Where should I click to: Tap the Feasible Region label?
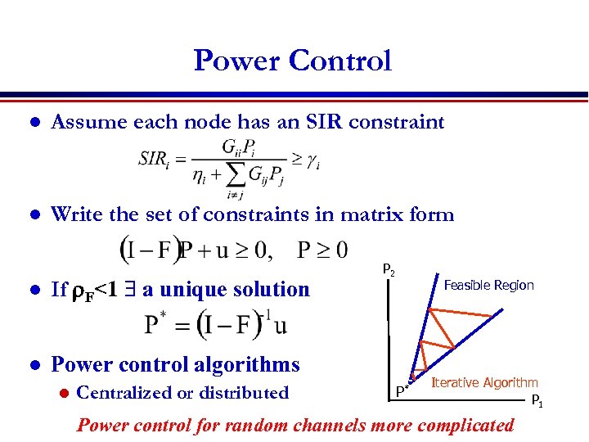(488, 285)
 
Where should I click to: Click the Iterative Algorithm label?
(484, 382)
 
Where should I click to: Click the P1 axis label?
(537, 401)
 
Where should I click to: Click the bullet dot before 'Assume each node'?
(34, 124)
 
